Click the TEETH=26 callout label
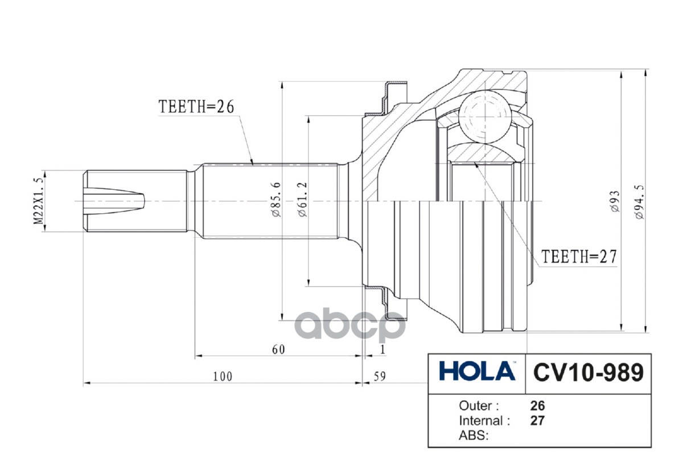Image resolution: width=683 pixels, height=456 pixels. [x=196, y=107]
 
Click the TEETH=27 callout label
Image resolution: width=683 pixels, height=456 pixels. [x=578, y=256]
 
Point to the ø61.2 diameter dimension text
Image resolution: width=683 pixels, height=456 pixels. [x=302, y=200]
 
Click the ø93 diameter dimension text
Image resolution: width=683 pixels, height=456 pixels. [x=615, y=201]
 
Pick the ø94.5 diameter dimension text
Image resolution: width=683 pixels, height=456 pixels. [x=640, y=201]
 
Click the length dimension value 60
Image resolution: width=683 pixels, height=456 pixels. [x=278, y=349]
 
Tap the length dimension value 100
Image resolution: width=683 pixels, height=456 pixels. [x=223, y=376]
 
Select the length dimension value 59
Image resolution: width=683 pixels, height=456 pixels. [x=380, y=376]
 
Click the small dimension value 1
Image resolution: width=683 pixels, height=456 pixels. [x=383, y=349]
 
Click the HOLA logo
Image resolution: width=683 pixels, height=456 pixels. [x=477, y=372]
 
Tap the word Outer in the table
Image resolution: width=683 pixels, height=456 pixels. [x=479, y=406]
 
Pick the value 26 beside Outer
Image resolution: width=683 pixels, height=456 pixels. [x=537, y=406]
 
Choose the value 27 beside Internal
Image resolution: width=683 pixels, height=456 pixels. [x=537, y=421]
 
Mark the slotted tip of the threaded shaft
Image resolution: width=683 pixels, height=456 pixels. [x=114, y=201]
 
